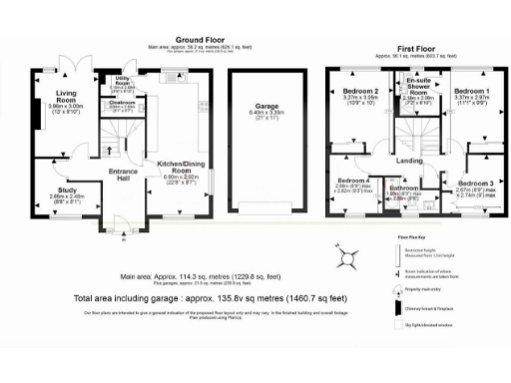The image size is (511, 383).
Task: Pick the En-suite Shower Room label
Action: (x=416, y=87)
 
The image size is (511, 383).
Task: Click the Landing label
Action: (x=410, y=160)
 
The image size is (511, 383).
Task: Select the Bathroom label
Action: (x=404, y=188)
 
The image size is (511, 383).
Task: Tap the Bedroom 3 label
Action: (x=476, y=184)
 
